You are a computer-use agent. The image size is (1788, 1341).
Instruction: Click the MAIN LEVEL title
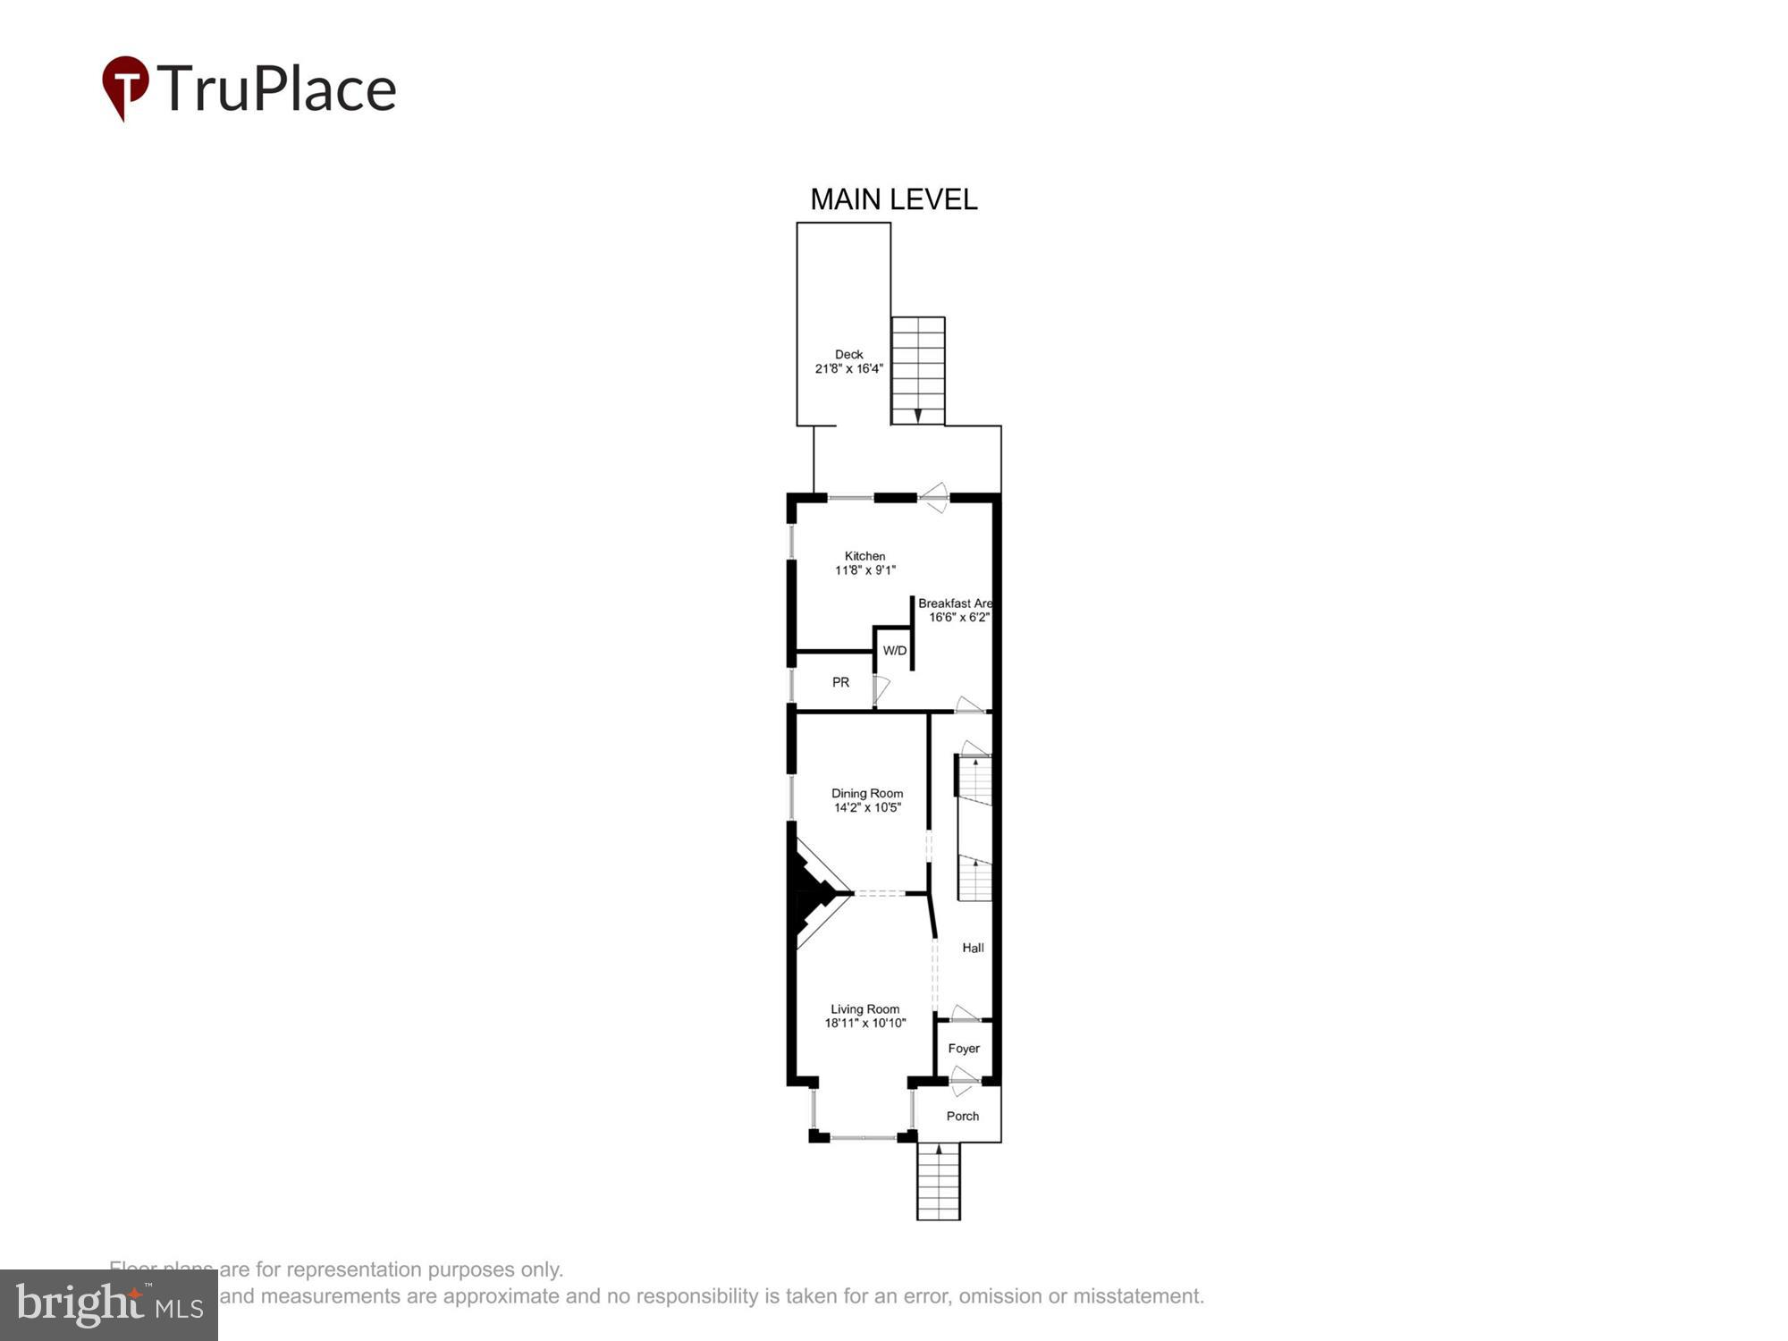893,199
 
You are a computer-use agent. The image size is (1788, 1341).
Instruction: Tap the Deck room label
848,354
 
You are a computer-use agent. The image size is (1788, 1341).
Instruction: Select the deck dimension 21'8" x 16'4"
848,368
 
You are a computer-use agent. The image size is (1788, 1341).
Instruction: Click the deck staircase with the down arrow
918,371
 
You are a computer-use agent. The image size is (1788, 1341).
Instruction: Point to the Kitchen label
864,556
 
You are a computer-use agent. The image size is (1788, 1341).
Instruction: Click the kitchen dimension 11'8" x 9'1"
864,570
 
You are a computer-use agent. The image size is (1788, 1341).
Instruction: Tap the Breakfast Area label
954,603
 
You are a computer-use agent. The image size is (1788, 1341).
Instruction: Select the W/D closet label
894,651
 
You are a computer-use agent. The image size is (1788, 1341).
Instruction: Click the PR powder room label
840,682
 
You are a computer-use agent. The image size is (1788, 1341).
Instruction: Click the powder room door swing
881,689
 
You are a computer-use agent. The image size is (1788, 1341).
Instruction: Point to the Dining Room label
866,793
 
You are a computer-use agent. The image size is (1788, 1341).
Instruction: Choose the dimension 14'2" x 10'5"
866,807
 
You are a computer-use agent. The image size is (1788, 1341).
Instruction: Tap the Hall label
973,948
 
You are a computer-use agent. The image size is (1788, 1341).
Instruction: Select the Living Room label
864,1009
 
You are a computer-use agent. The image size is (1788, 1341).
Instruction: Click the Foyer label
964,1049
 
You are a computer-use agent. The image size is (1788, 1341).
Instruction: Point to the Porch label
962,1116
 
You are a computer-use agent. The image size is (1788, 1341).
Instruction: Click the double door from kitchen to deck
934,498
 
